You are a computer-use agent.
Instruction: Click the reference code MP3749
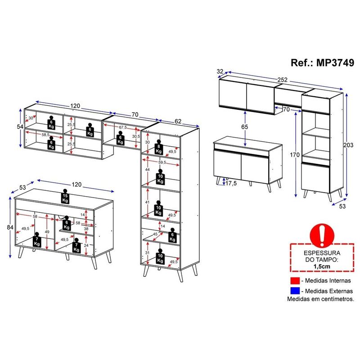[335, 63]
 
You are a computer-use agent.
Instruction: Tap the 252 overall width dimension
[282, 80]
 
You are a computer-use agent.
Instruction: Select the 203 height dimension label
[348, 145]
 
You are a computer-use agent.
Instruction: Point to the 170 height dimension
[295, 155]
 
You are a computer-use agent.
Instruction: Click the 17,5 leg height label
[231, 184]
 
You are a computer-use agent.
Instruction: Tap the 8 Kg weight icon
[159, 147]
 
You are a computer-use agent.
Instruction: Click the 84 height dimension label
[10, 227]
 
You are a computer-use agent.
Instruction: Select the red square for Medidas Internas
[295, 280]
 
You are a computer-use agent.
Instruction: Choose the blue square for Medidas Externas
[295, 291]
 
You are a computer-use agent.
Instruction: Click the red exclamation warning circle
[322, 236]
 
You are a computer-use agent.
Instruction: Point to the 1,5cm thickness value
[322, 266]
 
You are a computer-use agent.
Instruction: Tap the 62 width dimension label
[178, 121]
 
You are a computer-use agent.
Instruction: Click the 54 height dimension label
[20, 126]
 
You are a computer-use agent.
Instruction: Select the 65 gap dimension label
[245, 127]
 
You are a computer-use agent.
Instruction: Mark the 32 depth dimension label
[220, 72]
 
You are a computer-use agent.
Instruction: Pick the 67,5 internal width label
[123, 127]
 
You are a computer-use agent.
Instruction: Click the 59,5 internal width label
[162, 162]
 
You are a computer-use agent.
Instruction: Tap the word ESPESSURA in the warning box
[322, 253]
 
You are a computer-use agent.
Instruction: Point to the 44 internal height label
[148, 170]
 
